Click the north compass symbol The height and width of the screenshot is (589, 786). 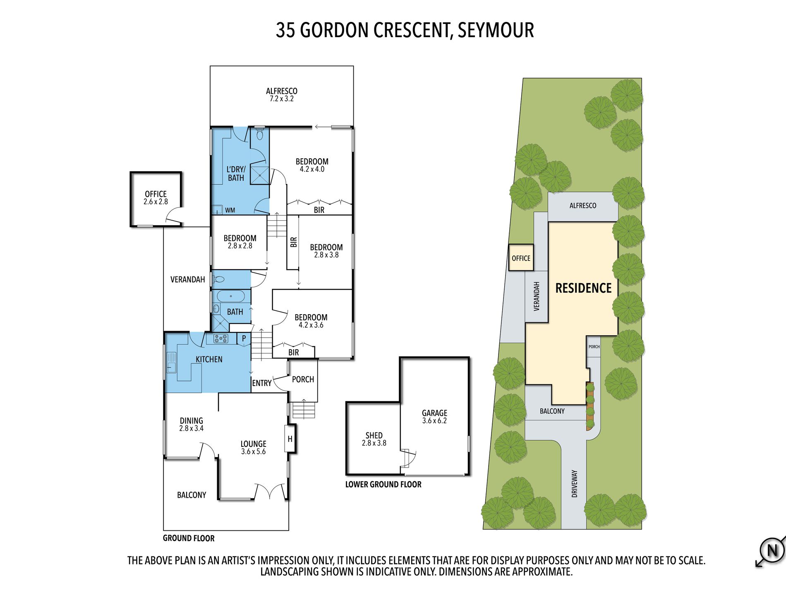pos(772,551)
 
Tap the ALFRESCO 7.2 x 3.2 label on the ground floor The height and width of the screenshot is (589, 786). pos(281,95)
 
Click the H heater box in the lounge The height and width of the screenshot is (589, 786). pos(290,439)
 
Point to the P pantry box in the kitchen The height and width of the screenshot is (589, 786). pos(244,339)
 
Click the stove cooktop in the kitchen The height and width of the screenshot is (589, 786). pos(220,339)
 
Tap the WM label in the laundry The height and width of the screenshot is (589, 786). pos(230,210)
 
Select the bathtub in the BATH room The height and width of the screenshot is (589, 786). pos(231,296)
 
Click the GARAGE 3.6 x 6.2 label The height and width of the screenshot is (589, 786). pos(434,417)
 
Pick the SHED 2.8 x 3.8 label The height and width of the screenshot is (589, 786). pos(374,439)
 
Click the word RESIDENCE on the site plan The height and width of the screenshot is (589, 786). pos(583,288)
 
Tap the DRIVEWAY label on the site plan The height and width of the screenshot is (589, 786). pos(574,484)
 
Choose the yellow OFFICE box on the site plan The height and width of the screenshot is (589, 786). pos(521,258)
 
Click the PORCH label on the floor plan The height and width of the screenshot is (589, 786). pos(303,379)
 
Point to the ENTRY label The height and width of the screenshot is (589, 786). pos(262,383)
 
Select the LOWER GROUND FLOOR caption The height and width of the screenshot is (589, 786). pos(383,484)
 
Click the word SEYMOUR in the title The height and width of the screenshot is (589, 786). pos(496,30)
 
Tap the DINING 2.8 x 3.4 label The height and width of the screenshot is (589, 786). pos(191,424)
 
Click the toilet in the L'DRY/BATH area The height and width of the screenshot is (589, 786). pos(260,134)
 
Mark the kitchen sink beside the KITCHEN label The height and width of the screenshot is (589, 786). pos(171,362)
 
